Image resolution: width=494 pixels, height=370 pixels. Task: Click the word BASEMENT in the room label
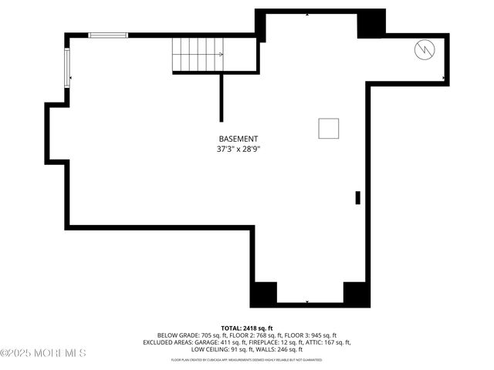238,139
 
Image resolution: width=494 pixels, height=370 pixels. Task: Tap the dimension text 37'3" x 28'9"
238,150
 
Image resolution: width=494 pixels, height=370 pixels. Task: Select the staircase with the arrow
198,54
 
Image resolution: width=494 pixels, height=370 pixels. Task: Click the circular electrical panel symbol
424,51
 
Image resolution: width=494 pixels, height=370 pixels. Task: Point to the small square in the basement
329,129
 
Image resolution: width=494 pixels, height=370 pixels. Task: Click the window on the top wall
107,35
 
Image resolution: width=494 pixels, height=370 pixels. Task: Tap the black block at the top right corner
370,24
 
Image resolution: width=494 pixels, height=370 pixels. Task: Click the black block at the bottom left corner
264,293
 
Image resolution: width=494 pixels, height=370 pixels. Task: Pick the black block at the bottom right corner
355,293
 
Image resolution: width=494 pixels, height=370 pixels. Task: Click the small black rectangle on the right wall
357,197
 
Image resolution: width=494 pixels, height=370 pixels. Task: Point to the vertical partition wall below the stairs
222,97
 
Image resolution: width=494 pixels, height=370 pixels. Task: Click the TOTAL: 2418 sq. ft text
247,328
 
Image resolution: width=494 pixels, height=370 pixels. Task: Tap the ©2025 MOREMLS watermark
43,353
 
